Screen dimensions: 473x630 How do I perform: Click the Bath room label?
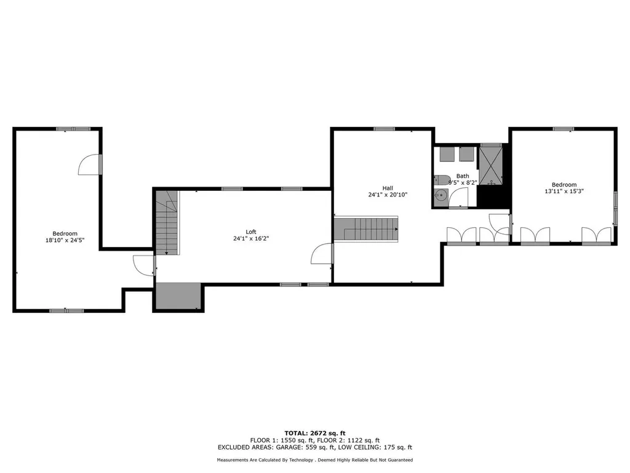click(x=462, y=176)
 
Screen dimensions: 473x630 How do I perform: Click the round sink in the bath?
click(x=441, y=196)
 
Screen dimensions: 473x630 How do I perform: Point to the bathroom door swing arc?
click(x=459, y=197)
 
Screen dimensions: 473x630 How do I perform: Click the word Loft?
click(x=251, y=232)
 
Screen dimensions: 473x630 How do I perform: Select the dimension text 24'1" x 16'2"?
click(x=251, y=238)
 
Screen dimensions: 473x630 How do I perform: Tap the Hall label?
click(x=387, y=188)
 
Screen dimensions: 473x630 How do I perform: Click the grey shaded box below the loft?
click(x=178, y=296)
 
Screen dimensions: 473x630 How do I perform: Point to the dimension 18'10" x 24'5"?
click(x=65, y=240)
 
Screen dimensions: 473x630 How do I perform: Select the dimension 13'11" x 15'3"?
click(x=564, y=192)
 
